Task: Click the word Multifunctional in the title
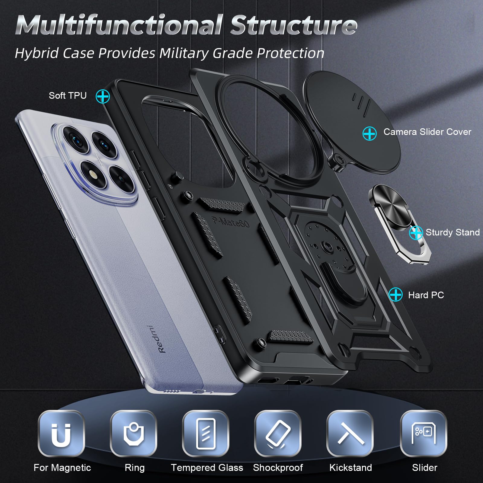pyautogui.click(x=119, y=25)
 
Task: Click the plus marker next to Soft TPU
pyautogui.click(x=103, y=96)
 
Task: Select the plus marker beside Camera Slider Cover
pyautogui.click(x=369, y=133)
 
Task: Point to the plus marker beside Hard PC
pyautogui.click(x=395, y=294)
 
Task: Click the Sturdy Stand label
pyautogui.click(x=453, y=232)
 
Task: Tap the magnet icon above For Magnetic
pyautogui.click(x=61, y=434)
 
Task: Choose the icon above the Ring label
pyautogui.click(x=133, y=434)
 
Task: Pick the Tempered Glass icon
pyautogui.click(x=206, y=434)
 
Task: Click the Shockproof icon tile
pyautogui.click(x=278, y=434)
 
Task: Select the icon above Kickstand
pyautogui.click(x=350, y=434)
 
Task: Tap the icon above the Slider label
pyautogui.click(x=424, y=434)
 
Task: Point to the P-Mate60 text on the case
pyautogui.click(x=231, y=222)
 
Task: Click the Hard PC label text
pyautogui.click(x=426, y=295)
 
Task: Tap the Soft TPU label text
pyautogui.click(x=68, y=96)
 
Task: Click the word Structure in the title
pyautogui.click(x=294, y=25)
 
